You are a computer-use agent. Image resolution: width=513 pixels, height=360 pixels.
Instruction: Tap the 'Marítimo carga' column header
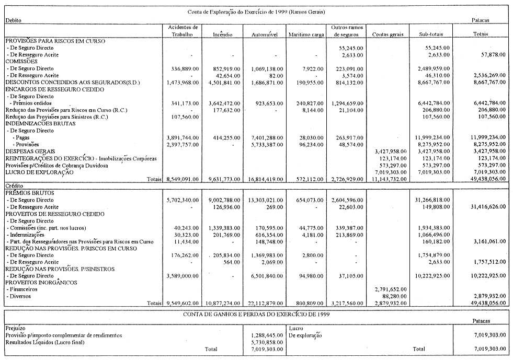[x=306, y=34]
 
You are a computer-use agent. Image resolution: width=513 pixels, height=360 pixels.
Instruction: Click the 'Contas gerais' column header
[x=385, y=34]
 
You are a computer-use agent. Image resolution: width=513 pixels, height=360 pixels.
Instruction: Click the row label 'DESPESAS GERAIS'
[x=26, y=150]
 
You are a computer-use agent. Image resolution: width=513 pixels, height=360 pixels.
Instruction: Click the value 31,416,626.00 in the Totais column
[x=488, y=207]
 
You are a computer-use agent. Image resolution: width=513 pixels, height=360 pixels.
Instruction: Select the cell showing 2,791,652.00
[x=392, y=289]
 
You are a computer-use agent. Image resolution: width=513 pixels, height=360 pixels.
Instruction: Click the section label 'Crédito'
[x=13, y=186]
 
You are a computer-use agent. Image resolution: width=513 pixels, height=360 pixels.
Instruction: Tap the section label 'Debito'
[x=13, y=20]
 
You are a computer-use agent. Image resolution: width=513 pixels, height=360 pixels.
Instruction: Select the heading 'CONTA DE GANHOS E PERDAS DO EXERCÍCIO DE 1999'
[x=256, y=314]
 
